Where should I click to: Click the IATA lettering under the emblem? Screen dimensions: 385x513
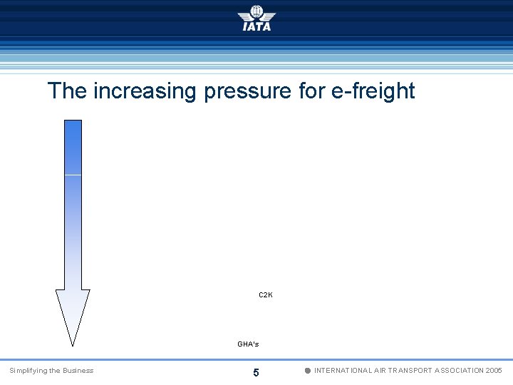256,26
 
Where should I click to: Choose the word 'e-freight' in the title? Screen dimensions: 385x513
374,91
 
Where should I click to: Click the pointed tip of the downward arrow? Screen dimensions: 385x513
73,343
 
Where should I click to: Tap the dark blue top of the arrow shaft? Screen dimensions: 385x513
73,135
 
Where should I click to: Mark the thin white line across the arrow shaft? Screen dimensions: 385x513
73,174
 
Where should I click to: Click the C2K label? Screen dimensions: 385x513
265,294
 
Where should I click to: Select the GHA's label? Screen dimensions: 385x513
248,344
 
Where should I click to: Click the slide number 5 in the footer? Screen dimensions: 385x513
256,372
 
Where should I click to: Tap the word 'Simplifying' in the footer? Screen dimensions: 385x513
28,370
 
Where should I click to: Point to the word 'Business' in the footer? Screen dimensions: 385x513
78,370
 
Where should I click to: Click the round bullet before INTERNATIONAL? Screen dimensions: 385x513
307,371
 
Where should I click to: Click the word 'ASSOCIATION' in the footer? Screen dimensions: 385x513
460,371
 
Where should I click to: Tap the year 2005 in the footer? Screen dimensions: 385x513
494,371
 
